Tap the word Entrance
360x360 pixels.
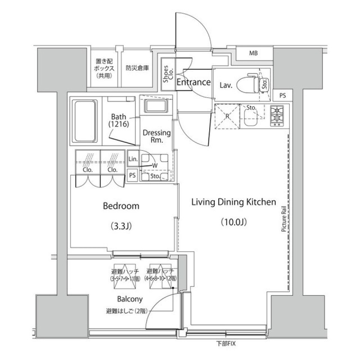pos(193,82)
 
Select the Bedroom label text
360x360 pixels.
pos(121,206)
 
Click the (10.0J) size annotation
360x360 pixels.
pos(234,222)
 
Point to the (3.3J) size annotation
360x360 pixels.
pos(121,226)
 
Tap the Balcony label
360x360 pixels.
pos(130,299)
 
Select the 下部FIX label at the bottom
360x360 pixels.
pos(226,343)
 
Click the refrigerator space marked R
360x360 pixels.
pos(227,116)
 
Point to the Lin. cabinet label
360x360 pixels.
pos(133,158)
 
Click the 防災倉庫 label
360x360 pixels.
pos(137,68)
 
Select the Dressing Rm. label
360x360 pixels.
pos(156,136)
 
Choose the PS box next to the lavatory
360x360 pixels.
pos(282,96)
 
